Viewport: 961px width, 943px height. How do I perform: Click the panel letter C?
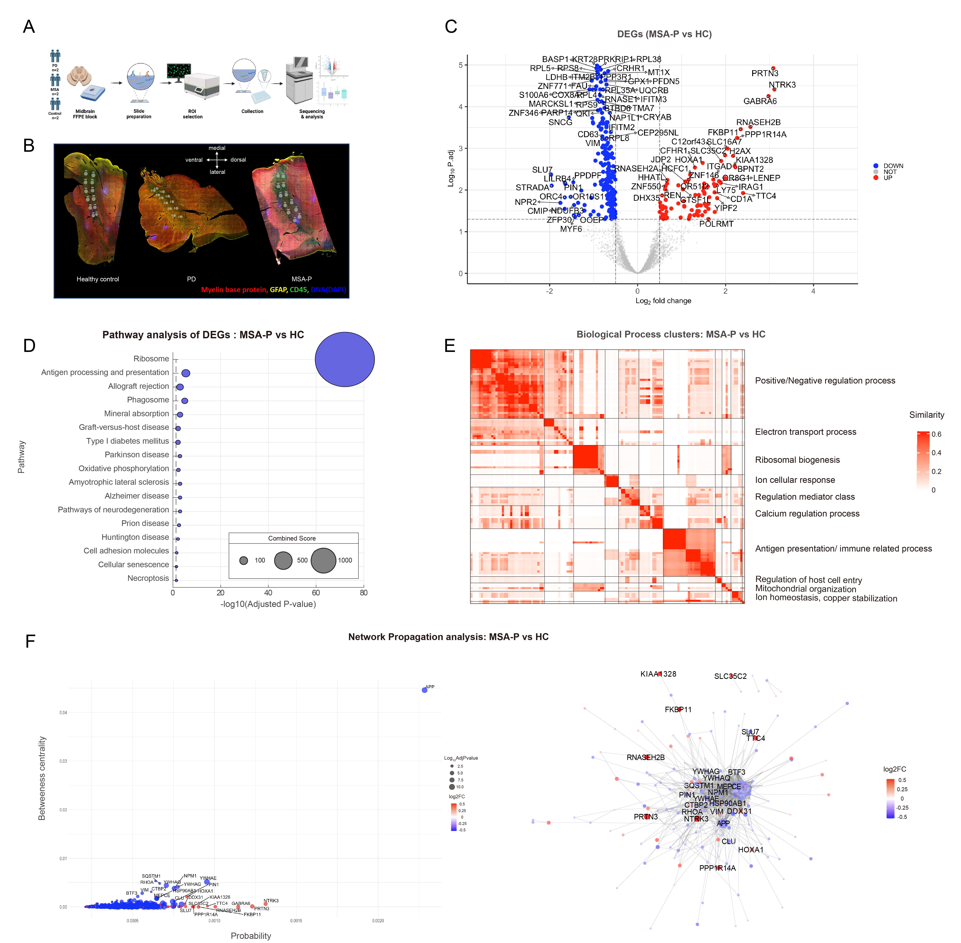[x=451, y=27]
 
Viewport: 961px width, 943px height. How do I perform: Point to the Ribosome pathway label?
[x=151, y=359]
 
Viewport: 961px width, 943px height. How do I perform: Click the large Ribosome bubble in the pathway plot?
[x=345, y=359]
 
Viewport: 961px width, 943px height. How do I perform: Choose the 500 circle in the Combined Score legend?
[x=283, y=560]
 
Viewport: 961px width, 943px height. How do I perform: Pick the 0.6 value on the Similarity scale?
[x=936, y=434]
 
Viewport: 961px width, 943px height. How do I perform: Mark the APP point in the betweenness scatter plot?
[x=424, y=690]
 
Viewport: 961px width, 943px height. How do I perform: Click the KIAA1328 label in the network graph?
[x=658, y=674]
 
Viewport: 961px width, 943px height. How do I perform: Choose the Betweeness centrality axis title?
[x=42, y=778]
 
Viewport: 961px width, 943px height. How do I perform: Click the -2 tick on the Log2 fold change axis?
[x=550, y=291]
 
